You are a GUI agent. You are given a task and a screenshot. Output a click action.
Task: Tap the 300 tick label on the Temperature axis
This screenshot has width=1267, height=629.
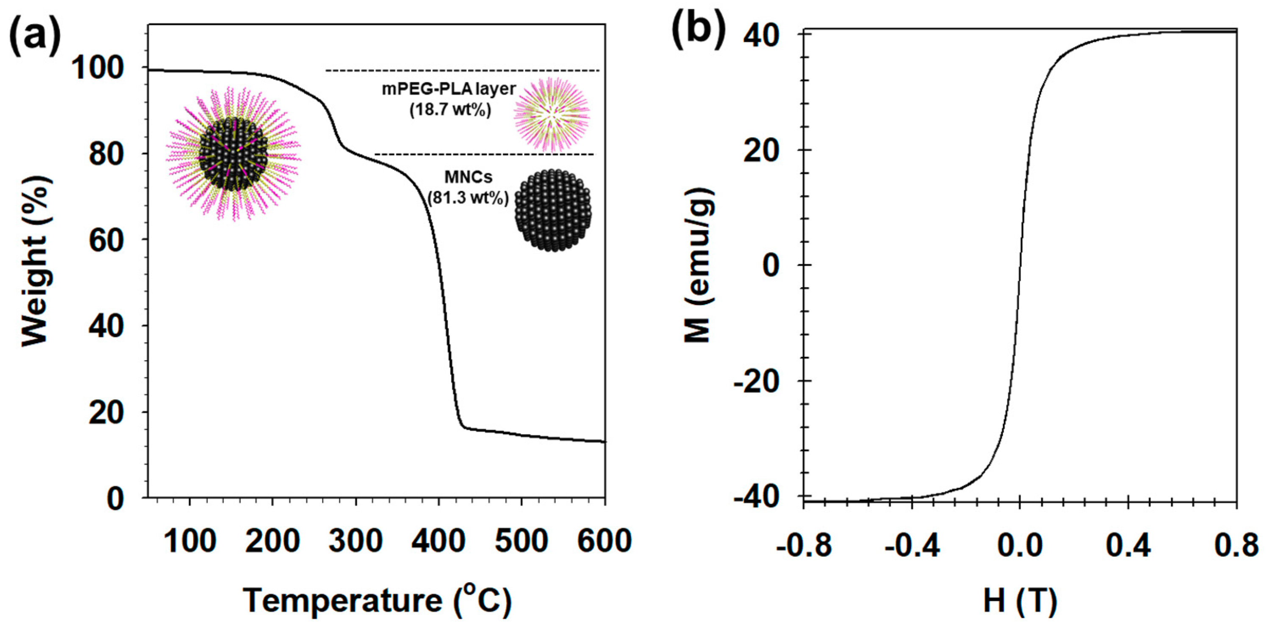[356, 541]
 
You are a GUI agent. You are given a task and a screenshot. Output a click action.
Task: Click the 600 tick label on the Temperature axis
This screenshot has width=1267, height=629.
[604, 541]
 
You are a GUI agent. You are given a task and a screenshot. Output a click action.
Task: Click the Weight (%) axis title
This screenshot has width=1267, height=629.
[35, 260]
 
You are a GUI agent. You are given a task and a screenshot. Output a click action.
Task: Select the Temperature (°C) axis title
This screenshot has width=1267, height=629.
[378, 601]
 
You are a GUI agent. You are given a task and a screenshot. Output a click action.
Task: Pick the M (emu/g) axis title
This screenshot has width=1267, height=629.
[699, 265]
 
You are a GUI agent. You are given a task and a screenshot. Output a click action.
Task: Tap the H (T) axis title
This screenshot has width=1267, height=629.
[1020, 601]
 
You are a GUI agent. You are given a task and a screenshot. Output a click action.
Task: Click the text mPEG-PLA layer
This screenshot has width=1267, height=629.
[449, 89]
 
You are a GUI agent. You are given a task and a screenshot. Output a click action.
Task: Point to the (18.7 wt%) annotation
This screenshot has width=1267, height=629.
[450, 110]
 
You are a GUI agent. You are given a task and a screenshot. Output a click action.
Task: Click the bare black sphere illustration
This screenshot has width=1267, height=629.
[553, 210]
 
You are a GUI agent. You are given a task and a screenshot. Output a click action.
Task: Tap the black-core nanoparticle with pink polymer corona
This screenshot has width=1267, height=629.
[234, 154]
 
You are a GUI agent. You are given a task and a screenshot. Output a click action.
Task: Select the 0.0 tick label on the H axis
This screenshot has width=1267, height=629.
[1020, 546]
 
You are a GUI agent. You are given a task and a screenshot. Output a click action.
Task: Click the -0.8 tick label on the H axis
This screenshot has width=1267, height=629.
[804, 546]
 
